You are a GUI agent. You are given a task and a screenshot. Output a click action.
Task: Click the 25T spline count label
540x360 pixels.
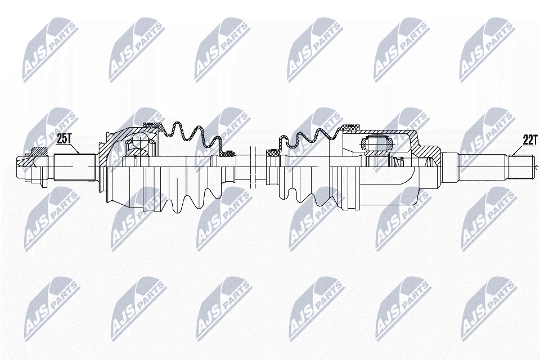click(64, 139)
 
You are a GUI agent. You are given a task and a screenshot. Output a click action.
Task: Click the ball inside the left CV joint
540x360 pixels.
click(141, 142)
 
